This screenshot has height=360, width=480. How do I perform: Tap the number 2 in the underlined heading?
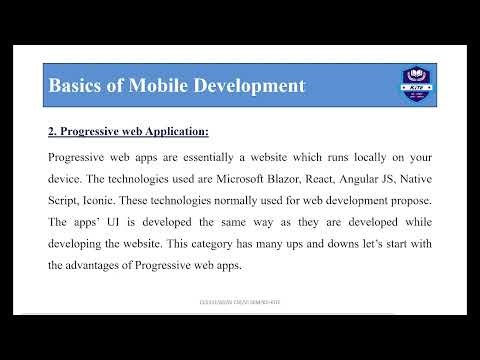[52, 131]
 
